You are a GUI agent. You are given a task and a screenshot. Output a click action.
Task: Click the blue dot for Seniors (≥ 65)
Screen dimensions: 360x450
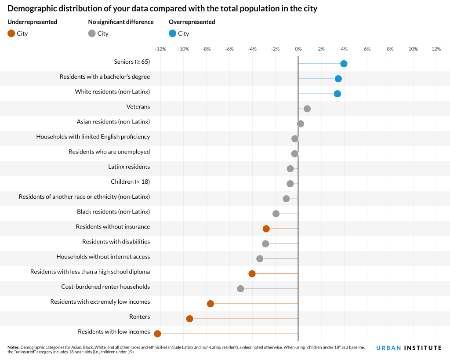point(344,64)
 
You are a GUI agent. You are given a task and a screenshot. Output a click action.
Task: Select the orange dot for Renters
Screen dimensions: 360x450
point(189,319)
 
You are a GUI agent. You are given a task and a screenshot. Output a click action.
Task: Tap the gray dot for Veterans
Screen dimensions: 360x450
point(307,109)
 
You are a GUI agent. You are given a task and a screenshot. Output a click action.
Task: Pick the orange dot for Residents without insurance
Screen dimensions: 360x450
point(266,229)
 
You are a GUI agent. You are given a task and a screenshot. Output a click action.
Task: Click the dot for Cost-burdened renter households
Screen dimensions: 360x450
point(240,289)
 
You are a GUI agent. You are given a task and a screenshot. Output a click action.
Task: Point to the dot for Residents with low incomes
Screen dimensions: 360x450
point(157,334)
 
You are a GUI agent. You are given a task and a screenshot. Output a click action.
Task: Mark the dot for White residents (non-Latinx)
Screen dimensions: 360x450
point(337,94)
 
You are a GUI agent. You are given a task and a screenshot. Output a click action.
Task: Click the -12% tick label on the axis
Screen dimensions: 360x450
point(160,49)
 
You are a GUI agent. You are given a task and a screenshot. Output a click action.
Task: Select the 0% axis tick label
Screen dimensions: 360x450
point(298,49)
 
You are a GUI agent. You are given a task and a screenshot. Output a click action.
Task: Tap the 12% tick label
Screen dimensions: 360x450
point(436,49)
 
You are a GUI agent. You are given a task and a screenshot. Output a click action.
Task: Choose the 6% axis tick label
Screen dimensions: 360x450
point(367,49)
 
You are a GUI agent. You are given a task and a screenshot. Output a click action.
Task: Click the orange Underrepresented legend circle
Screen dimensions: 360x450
point(11,33)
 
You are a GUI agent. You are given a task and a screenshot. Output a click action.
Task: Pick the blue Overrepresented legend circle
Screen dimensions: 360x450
point(173,33)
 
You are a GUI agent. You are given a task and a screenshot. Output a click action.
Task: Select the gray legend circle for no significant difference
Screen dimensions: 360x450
point(92,33)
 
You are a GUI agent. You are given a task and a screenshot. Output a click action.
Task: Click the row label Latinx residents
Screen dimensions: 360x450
point(129,167)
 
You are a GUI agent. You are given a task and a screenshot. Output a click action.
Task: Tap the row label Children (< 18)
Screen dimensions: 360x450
point(130,182)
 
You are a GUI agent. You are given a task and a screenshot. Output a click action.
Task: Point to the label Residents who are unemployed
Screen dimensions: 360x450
point(109,152)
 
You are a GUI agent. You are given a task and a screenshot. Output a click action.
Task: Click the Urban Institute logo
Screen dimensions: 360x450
point(409,348)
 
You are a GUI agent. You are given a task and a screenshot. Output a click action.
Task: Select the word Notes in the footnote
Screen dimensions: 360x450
point(14,347)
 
